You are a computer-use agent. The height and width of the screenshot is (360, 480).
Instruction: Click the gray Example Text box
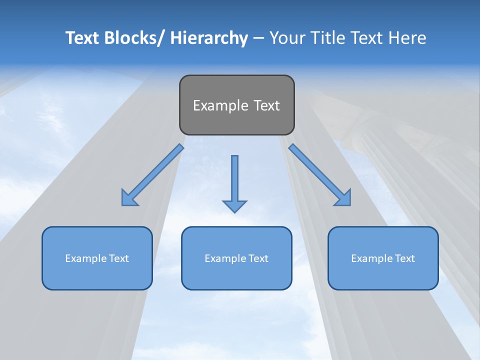236,105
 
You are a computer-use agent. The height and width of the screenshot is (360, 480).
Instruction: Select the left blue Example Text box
97,258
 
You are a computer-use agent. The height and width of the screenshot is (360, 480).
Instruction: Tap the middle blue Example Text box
236,258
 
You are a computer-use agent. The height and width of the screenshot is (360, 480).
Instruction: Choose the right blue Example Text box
383,258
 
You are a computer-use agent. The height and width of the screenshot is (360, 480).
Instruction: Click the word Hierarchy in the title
209,38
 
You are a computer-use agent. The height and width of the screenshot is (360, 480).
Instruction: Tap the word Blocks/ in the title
135,38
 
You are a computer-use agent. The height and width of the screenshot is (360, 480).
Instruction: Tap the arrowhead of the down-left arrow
129,198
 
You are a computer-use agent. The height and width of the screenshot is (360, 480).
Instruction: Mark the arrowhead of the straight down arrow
234,205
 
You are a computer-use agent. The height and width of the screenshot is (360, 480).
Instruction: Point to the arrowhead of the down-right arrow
343,198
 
